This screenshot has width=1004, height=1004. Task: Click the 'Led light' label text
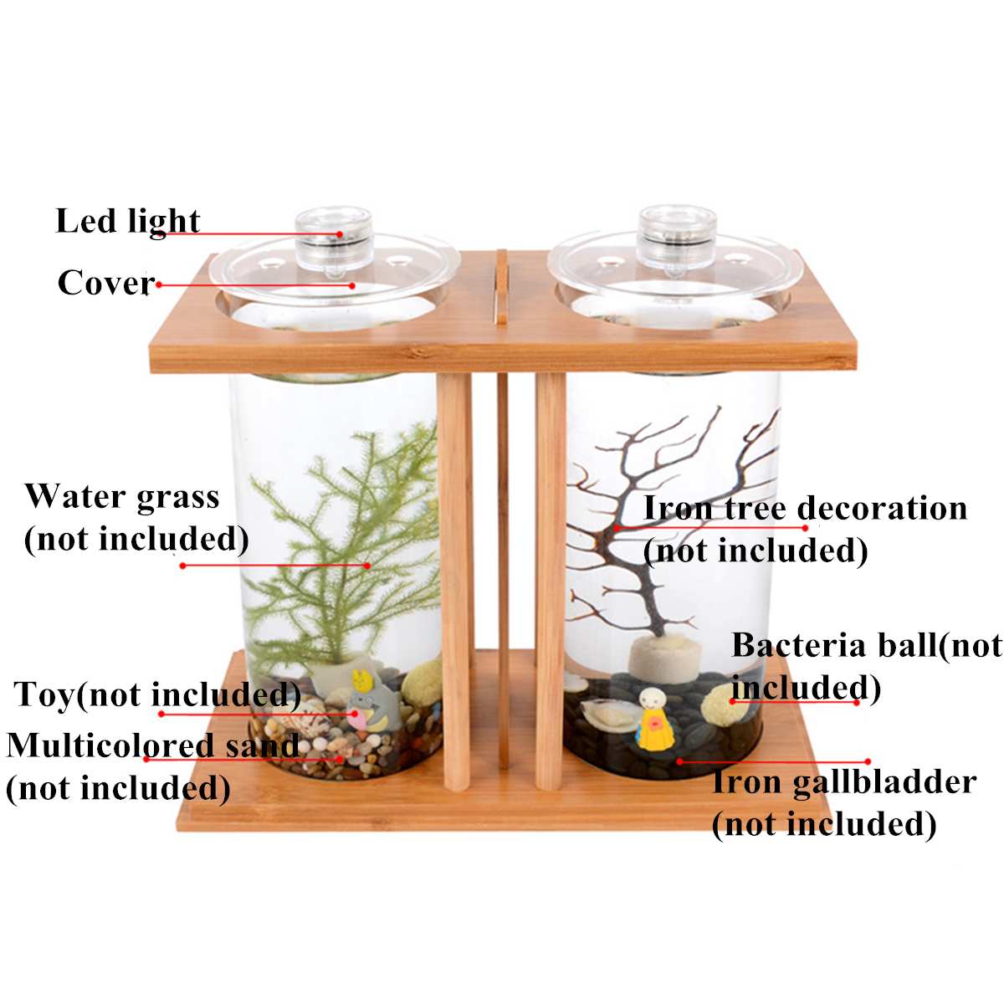[x=128, y=222]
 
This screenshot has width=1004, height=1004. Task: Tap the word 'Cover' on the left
[x=106, y=283]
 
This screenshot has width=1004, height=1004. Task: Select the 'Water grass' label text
[x=122, y=498]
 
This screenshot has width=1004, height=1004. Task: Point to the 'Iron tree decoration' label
[x=806, y=508]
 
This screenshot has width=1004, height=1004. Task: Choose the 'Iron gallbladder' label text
[x=843, y=783]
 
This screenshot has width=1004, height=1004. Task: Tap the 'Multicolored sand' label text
[x=152, y=745]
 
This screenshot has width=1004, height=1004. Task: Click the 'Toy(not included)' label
[x=156, y=694]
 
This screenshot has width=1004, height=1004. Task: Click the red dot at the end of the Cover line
[x=352, y=285]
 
